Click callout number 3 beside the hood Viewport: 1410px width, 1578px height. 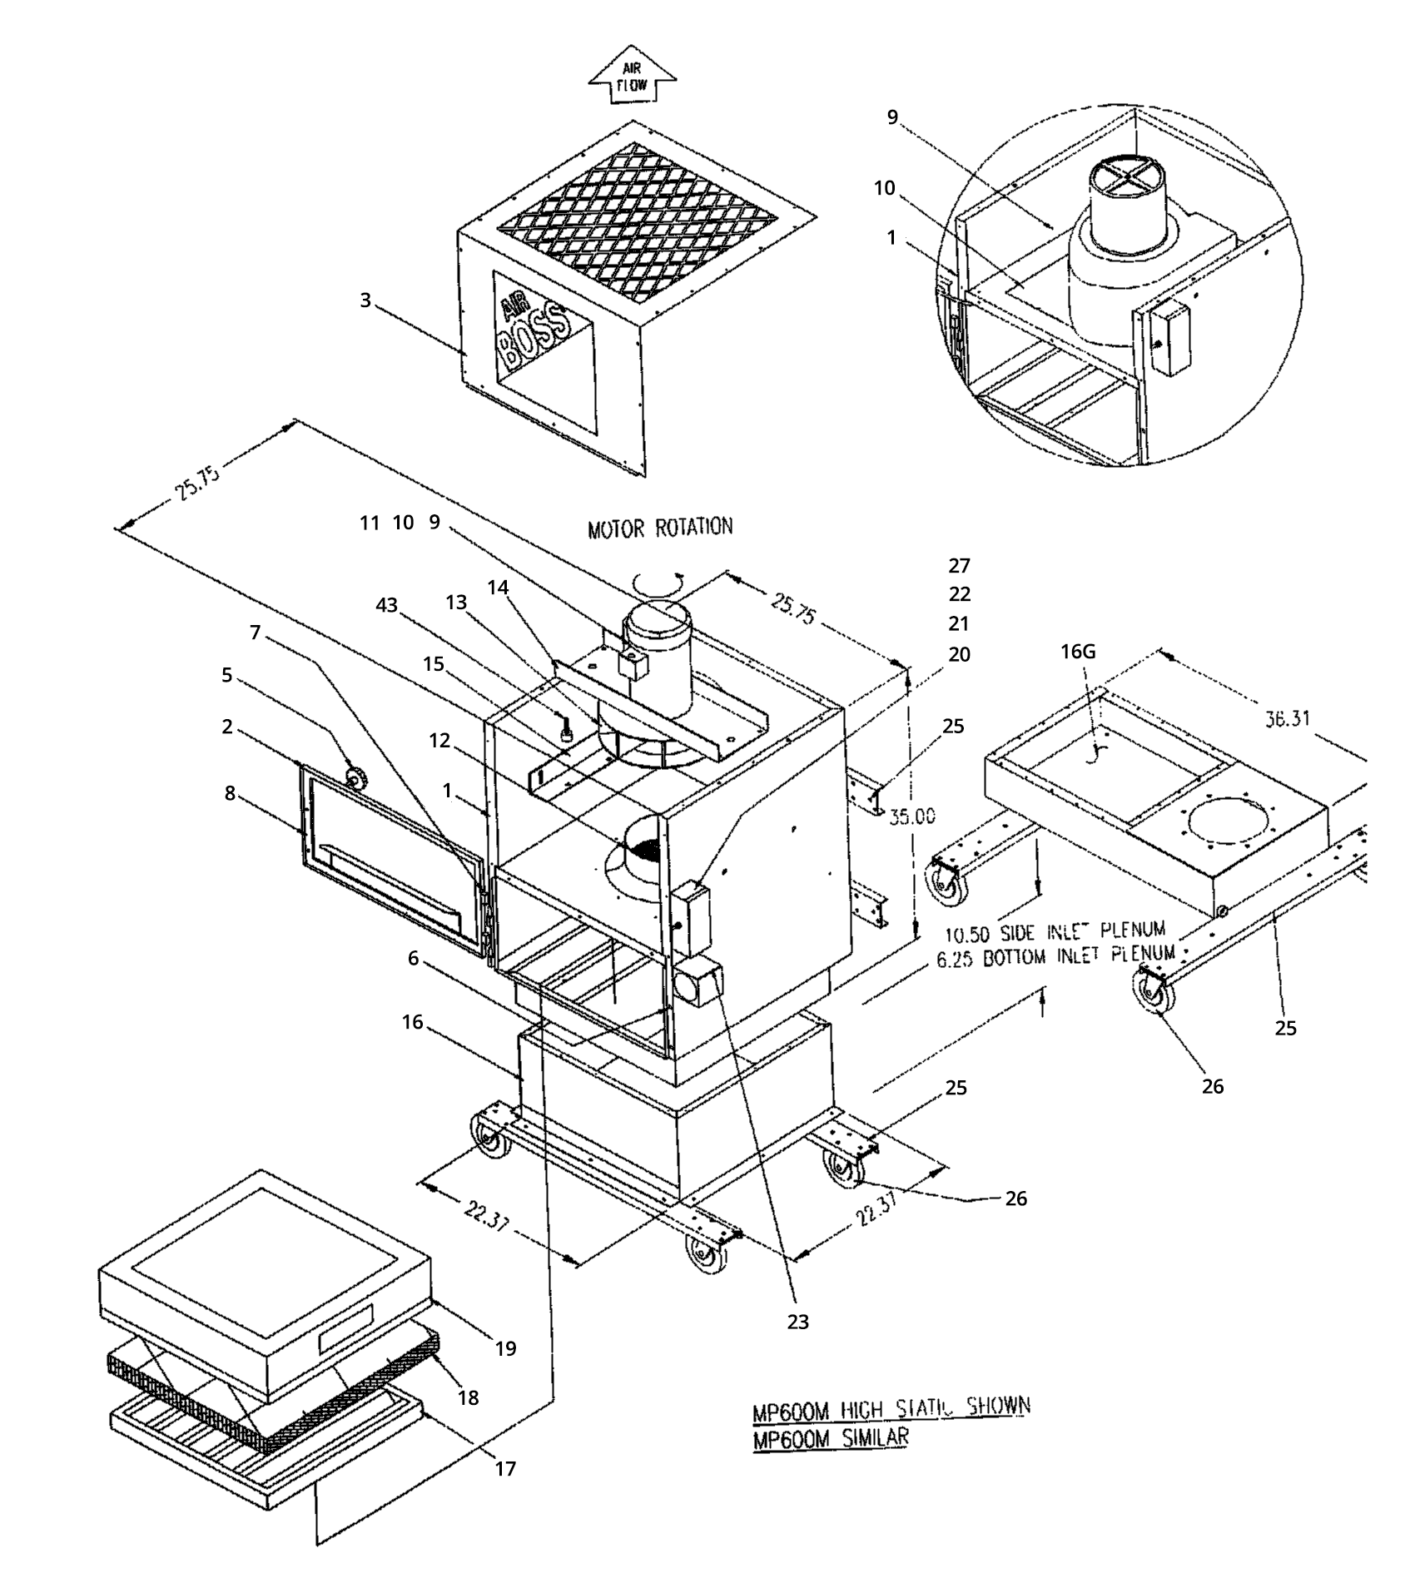365,300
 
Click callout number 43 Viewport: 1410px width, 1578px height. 387,606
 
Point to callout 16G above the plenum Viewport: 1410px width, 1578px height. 1078,652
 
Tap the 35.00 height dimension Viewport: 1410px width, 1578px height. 912,816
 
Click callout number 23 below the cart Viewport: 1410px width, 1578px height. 797,1322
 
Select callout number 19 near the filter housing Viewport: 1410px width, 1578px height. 506,1349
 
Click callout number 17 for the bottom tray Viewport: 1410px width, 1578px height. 505,1469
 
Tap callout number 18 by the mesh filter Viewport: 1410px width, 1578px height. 469,1398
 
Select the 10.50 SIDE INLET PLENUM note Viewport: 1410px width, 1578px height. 1055,930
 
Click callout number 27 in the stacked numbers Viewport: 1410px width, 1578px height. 959,566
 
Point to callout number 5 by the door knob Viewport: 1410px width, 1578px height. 226,675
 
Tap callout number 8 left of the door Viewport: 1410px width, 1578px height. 230,793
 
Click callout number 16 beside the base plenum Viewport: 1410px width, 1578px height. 413,1022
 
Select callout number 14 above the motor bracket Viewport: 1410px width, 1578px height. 498,588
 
